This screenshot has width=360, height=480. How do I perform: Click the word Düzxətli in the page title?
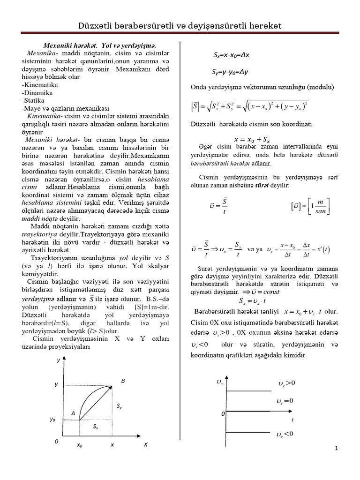pyautogui.click(x=100, y=26)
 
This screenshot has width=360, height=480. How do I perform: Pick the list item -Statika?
pyautogui.click(x=33, y=100)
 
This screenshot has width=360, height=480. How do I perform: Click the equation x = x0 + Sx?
pyautogui.click(x=252, y=139)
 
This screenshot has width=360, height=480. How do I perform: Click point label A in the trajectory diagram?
pyautogui.click(x=73, y=413)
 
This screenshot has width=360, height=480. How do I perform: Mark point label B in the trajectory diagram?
pyautogui.click(x=123, y=381)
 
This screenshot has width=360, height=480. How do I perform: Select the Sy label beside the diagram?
pyautogui.click(x=120, y=407)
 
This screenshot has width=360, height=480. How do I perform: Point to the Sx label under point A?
pyautogui.click(x=95, y=427)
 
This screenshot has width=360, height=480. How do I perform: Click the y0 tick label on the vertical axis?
pyautogui.click(x=52, y=420)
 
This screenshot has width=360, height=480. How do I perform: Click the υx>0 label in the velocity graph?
pyautogui.click(x=286, y=383)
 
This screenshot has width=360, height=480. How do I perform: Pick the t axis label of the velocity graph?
pyautogui.click(x=293, y=420)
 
